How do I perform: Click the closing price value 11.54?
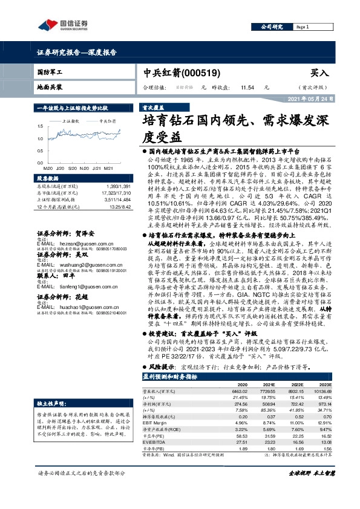[x=246, y=88]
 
